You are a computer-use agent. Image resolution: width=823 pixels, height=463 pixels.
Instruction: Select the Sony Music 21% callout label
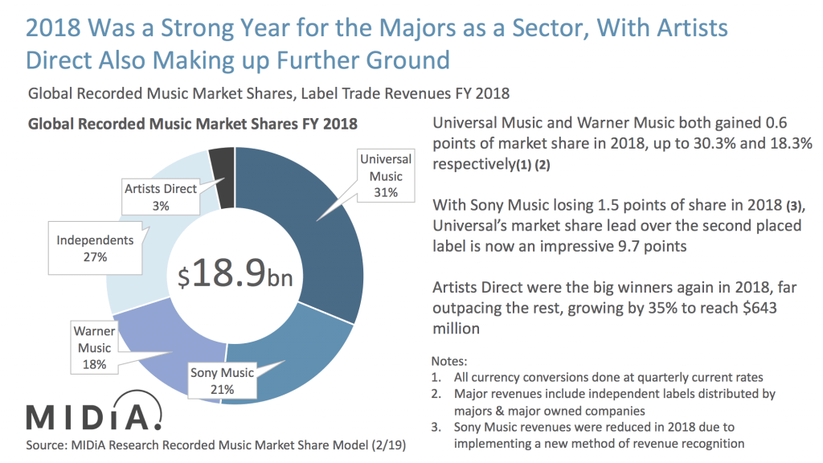223,380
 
